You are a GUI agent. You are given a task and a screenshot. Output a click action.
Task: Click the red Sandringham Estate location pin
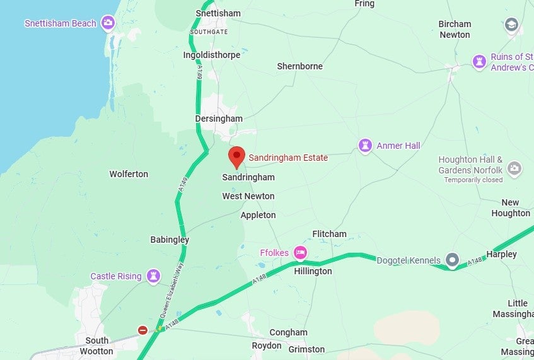236,156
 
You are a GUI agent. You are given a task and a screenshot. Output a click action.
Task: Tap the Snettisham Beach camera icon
108,23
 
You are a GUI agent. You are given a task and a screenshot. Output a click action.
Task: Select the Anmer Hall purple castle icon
365,146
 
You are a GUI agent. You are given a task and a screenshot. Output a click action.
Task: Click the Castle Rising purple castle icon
153,276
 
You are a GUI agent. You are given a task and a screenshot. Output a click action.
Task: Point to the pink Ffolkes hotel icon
300,253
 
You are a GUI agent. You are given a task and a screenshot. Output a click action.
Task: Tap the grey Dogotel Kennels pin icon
452,259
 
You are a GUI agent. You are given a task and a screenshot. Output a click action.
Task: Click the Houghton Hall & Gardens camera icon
514,168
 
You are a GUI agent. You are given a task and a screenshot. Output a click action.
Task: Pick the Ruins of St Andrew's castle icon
479,62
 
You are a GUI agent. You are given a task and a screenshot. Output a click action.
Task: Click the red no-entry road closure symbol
142,330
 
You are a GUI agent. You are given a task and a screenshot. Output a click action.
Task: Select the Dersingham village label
219,119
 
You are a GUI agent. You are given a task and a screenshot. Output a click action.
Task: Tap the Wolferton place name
129,174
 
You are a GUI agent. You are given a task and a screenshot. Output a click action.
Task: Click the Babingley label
170,240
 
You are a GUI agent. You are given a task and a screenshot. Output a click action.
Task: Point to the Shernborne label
299,66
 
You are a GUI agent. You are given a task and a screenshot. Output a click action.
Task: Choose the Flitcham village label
329,234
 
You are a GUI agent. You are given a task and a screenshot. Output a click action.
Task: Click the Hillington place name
313,271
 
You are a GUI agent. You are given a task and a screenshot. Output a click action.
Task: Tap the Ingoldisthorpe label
211,55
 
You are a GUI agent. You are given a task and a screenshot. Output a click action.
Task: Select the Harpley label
501,254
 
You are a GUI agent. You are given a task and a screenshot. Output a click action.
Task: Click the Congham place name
288,332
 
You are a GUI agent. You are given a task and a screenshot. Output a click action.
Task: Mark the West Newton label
248,196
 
